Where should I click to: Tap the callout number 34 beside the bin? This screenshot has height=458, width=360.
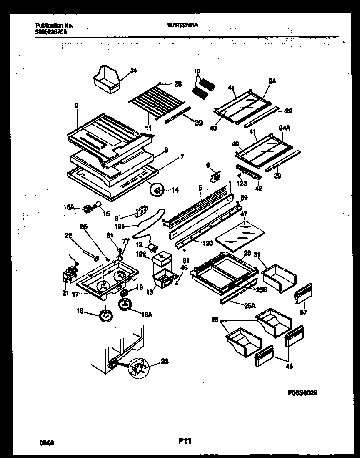[133, 70]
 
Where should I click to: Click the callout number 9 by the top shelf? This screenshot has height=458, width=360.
[76, 107]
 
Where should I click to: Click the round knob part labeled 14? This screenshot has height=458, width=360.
[157, 191]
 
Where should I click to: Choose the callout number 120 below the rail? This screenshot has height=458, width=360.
[207, 243]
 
